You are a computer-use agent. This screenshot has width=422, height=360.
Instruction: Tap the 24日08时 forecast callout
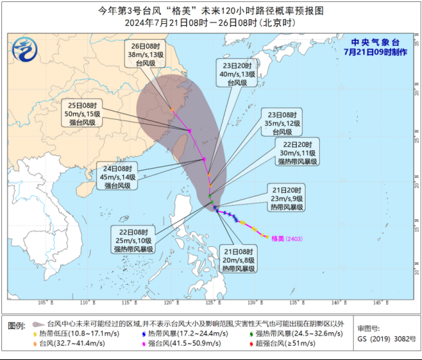coord(118,177)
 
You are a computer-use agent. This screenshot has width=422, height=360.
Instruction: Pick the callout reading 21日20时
coord(287,197)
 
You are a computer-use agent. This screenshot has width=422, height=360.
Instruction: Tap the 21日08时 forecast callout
coord(238,260)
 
